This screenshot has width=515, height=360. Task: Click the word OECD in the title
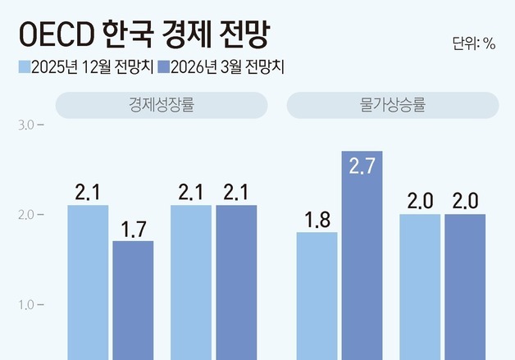coord(55,35)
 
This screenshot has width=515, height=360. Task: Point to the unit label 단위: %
coord(473,43)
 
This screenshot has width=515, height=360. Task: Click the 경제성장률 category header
coord(162,105)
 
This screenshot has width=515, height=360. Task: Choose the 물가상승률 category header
coord(392,105)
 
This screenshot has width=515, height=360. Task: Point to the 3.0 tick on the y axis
coord(25,125)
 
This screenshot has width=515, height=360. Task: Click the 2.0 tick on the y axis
coord(25,215)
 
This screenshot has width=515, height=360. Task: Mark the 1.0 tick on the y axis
coord(25,305)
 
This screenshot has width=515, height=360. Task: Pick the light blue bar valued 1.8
coord(317,295)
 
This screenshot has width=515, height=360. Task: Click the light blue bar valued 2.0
coord(420,286)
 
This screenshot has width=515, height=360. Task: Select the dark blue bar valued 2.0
coord(465,286)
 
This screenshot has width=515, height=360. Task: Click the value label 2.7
coord(362,166)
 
